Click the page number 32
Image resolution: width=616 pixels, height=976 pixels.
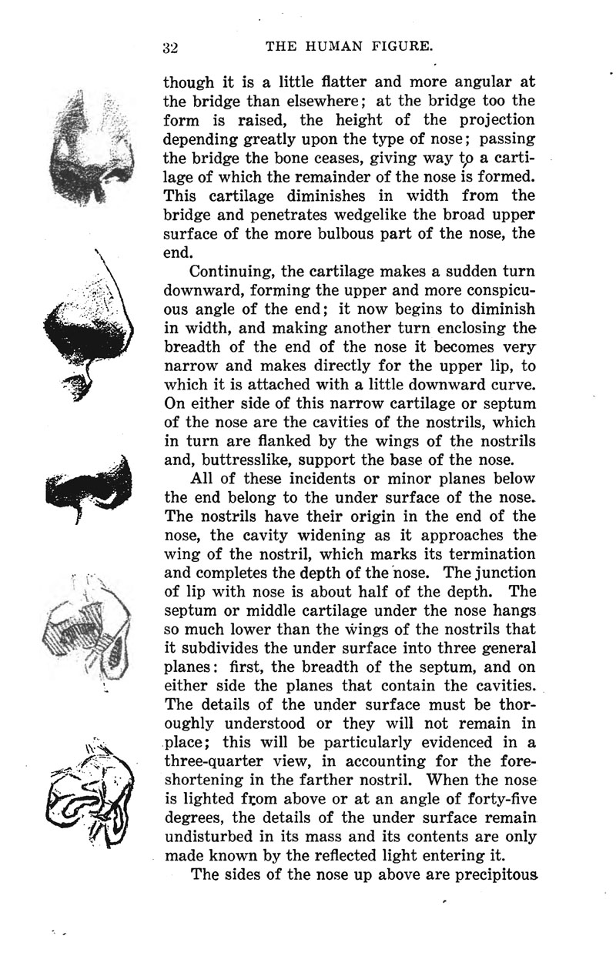point(170,47)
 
